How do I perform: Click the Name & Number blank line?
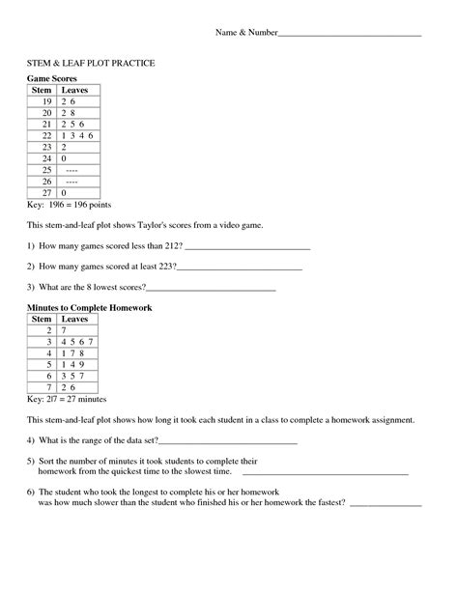point(349,35)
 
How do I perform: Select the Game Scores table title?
point(51,77)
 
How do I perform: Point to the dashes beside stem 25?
point(72,169)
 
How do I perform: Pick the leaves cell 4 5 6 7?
point(78,342)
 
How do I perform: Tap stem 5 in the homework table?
point(46,365)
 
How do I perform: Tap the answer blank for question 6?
point(385,503)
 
